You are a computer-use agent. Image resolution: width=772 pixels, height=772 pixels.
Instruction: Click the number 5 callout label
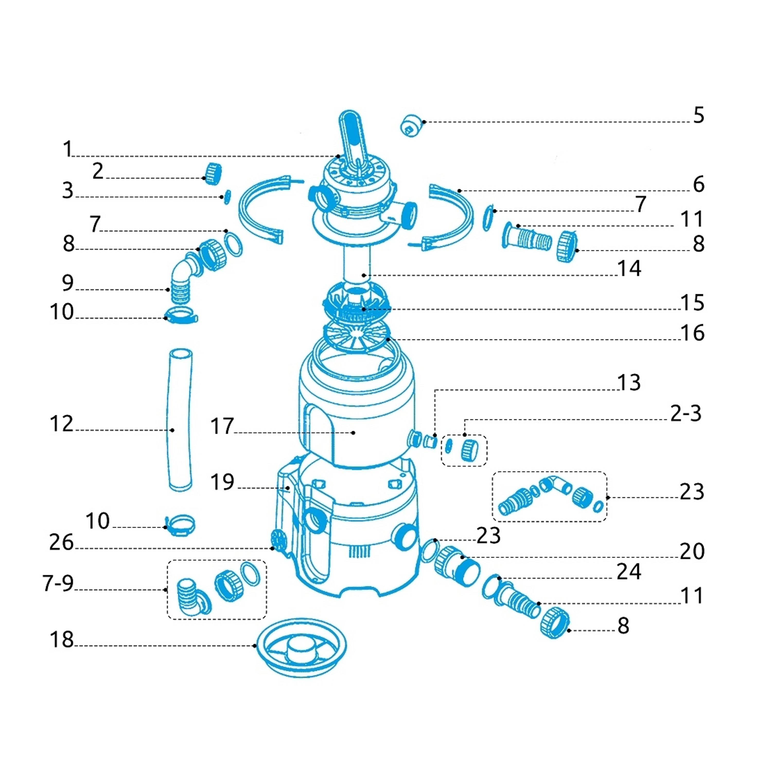point(698,116)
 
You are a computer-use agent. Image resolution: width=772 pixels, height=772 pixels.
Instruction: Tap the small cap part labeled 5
point(411,125)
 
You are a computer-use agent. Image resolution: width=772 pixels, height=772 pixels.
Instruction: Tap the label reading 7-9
point(58,583)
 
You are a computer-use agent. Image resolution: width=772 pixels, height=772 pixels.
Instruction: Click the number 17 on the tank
point(222,426)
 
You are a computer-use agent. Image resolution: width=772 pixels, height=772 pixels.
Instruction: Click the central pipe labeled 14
point(357,264)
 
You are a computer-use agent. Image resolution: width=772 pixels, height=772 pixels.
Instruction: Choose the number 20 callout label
point(692,551)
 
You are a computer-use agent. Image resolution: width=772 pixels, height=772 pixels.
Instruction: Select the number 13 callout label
point(629,382)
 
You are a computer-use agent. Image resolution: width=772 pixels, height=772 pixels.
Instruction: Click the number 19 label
point(222,482)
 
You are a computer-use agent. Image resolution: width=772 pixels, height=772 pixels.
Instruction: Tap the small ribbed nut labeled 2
point(213,174)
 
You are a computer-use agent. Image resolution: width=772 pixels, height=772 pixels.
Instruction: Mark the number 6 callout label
point(698,184)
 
